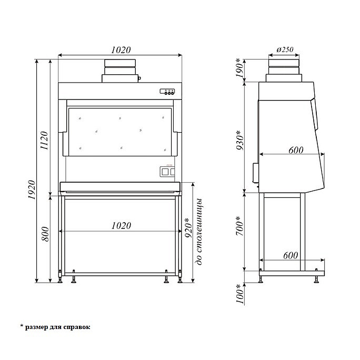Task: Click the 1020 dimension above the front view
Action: (x=121, y=49)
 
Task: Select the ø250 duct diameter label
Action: (x=284, y=49)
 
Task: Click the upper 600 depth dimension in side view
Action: (x=296, y=150)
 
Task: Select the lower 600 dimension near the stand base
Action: (x=291, y=255)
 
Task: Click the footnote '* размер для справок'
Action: (x=55, y=327)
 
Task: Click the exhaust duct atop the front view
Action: (x=121, y=71)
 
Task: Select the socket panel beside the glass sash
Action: (x=166, y=172)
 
